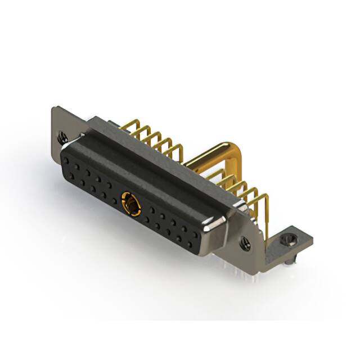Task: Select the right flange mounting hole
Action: (246, 243)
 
